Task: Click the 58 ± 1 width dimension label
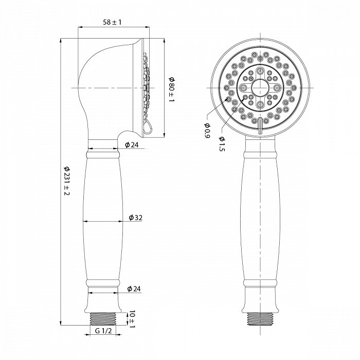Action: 112,22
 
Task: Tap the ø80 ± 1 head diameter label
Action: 172,89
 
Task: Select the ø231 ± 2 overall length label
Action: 66,181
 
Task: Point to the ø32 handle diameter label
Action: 135,217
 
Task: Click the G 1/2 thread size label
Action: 103,331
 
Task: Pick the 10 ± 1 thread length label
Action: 132,319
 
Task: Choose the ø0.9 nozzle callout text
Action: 207,131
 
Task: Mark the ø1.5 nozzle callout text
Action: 222,144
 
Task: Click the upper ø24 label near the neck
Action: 132,145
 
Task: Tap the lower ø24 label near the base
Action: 134,289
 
